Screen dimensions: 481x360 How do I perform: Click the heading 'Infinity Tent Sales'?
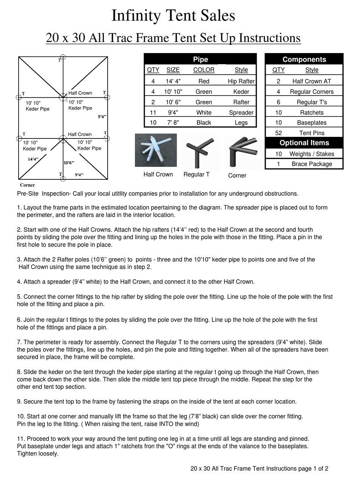click(173, 16)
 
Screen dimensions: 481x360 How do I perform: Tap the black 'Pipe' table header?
click(200, 60)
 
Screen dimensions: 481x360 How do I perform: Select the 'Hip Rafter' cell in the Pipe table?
click(241, 81)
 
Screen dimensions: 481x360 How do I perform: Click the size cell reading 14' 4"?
click(173, 81)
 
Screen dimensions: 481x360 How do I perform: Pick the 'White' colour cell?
click(203, 113)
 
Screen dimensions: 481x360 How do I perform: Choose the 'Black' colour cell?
click(203, 123)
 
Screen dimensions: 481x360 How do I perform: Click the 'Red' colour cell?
click(203, 81)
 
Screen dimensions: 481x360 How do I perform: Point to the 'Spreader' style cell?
click(241, 113)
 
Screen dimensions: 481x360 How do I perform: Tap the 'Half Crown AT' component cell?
click(311, 81)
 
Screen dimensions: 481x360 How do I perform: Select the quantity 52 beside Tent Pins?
click(279, 133)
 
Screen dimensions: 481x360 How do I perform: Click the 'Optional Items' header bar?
click(304, 143)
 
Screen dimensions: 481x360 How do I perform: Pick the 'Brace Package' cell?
click(311, 164)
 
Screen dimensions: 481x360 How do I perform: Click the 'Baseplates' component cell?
click(311, 123)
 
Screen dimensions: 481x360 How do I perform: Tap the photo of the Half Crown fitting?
click(156, 150)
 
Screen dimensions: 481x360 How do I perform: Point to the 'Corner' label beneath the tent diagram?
click(27, 185)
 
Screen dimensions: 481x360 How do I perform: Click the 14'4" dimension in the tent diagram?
click(33, 159)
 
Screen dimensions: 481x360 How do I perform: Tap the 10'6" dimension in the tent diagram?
click(69, 163)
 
